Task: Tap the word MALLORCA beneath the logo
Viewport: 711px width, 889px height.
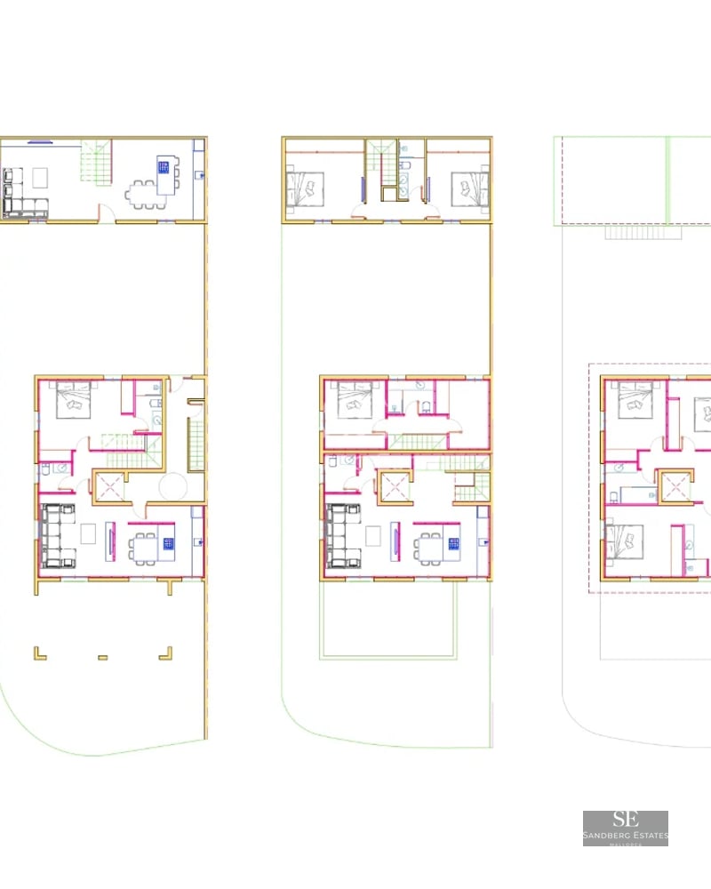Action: pos(626,843)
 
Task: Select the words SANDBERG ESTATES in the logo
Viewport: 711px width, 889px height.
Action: pos(626,836)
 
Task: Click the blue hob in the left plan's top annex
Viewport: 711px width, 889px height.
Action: pos(164,166)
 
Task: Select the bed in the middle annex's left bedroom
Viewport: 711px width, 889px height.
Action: pos(308,188)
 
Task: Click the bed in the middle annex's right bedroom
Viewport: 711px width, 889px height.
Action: pos(468,188)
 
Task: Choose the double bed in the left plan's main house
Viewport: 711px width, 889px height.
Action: pos(76,399)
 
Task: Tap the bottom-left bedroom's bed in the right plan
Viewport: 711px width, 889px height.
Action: pos(628,542)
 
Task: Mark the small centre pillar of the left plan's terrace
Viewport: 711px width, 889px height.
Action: pos(102,658)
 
